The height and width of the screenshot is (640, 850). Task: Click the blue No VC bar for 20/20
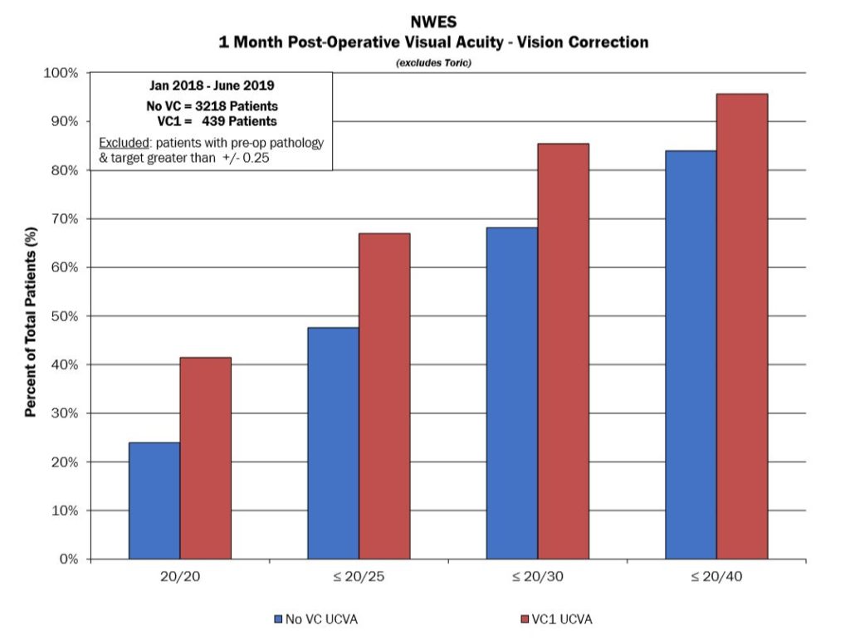click(154, 501)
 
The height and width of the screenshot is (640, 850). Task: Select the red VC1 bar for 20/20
click(206, 458)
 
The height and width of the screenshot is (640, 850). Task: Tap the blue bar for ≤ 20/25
click(334, 443)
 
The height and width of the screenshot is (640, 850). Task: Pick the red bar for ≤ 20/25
click(384, 396)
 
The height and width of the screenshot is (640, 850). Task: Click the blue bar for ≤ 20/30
click(512, 393)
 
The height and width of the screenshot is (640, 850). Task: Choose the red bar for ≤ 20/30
click(564, 351)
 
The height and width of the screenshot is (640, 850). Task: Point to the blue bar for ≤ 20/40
click(691, 354)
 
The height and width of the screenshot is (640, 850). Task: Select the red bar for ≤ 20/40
click(742, 326)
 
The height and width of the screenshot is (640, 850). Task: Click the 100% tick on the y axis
click(61, 73)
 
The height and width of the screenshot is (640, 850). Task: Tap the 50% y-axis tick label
click(64, 316)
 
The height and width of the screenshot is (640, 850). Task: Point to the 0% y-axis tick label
click(67, 559)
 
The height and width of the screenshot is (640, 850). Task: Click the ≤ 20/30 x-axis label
click(538, 577)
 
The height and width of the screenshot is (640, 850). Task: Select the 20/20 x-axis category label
click(180, 577)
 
